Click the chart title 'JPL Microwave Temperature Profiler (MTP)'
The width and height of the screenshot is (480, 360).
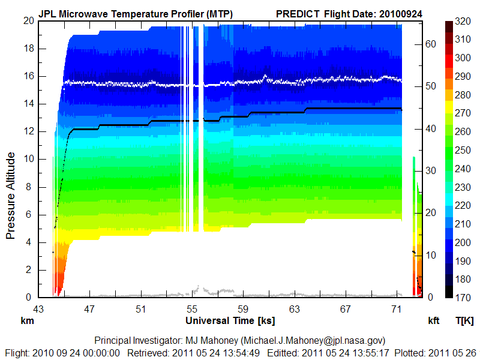136,13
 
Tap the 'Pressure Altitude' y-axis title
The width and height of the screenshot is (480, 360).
11,196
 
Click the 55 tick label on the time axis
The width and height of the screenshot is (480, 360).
192,309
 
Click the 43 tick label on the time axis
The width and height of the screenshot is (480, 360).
38,309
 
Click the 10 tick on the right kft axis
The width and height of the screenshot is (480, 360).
431,255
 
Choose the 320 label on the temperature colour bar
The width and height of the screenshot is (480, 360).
462,20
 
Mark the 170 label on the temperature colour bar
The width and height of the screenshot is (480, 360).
462,298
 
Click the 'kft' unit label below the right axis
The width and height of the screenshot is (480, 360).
433,321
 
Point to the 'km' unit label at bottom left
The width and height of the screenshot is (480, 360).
27,321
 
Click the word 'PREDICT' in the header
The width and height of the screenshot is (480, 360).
298,13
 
